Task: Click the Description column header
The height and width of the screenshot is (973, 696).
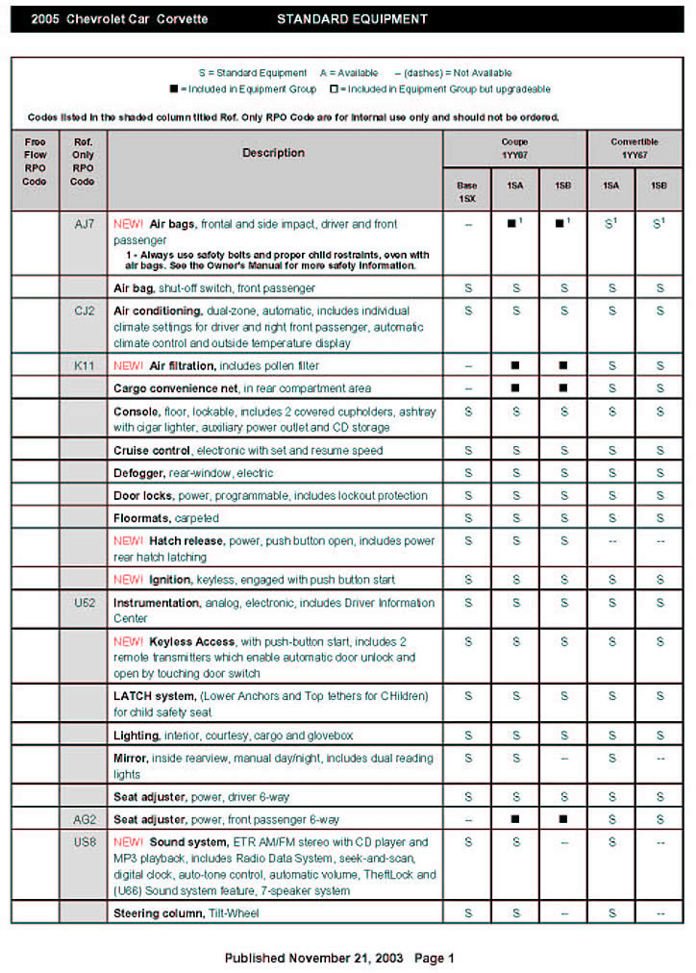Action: pos(273,153)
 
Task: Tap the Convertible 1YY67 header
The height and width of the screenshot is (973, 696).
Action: pos(634,148)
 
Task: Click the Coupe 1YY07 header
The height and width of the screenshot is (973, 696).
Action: pos(514,148)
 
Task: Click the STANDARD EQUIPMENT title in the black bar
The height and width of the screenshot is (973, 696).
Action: pos(352,19)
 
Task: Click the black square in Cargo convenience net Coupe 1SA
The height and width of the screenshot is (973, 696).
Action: pos(515,388)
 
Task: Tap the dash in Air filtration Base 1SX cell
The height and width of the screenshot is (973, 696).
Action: pos(467,365)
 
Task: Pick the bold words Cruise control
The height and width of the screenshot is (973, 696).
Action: pos(151,450)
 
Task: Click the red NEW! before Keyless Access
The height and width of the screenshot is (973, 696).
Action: pos(128,641)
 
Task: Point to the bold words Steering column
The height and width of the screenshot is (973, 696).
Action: pos(158,912)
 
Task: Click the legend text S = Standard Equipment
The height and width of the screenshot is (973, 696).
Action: pos(252,73)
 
